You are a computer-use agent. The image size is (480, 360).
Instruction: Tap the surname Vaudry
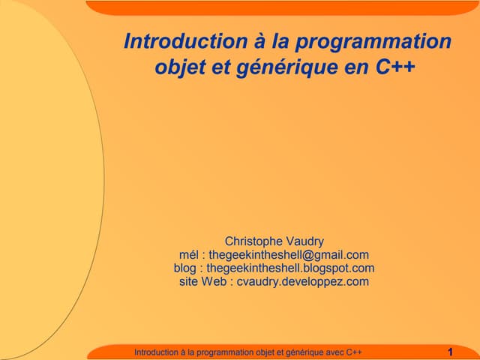click(304, 241)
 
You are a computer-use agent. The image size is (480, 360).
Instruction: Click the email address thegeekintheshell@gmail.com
click(289, 255)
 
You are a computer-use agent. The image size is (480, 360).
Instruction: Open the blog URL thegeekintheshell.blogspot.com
click(290, 268)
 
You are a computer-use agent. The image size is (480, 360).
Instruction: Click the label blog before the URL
click(184, 268)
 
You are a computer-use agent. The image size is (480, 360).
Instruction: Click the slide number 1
click(449, 352)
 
